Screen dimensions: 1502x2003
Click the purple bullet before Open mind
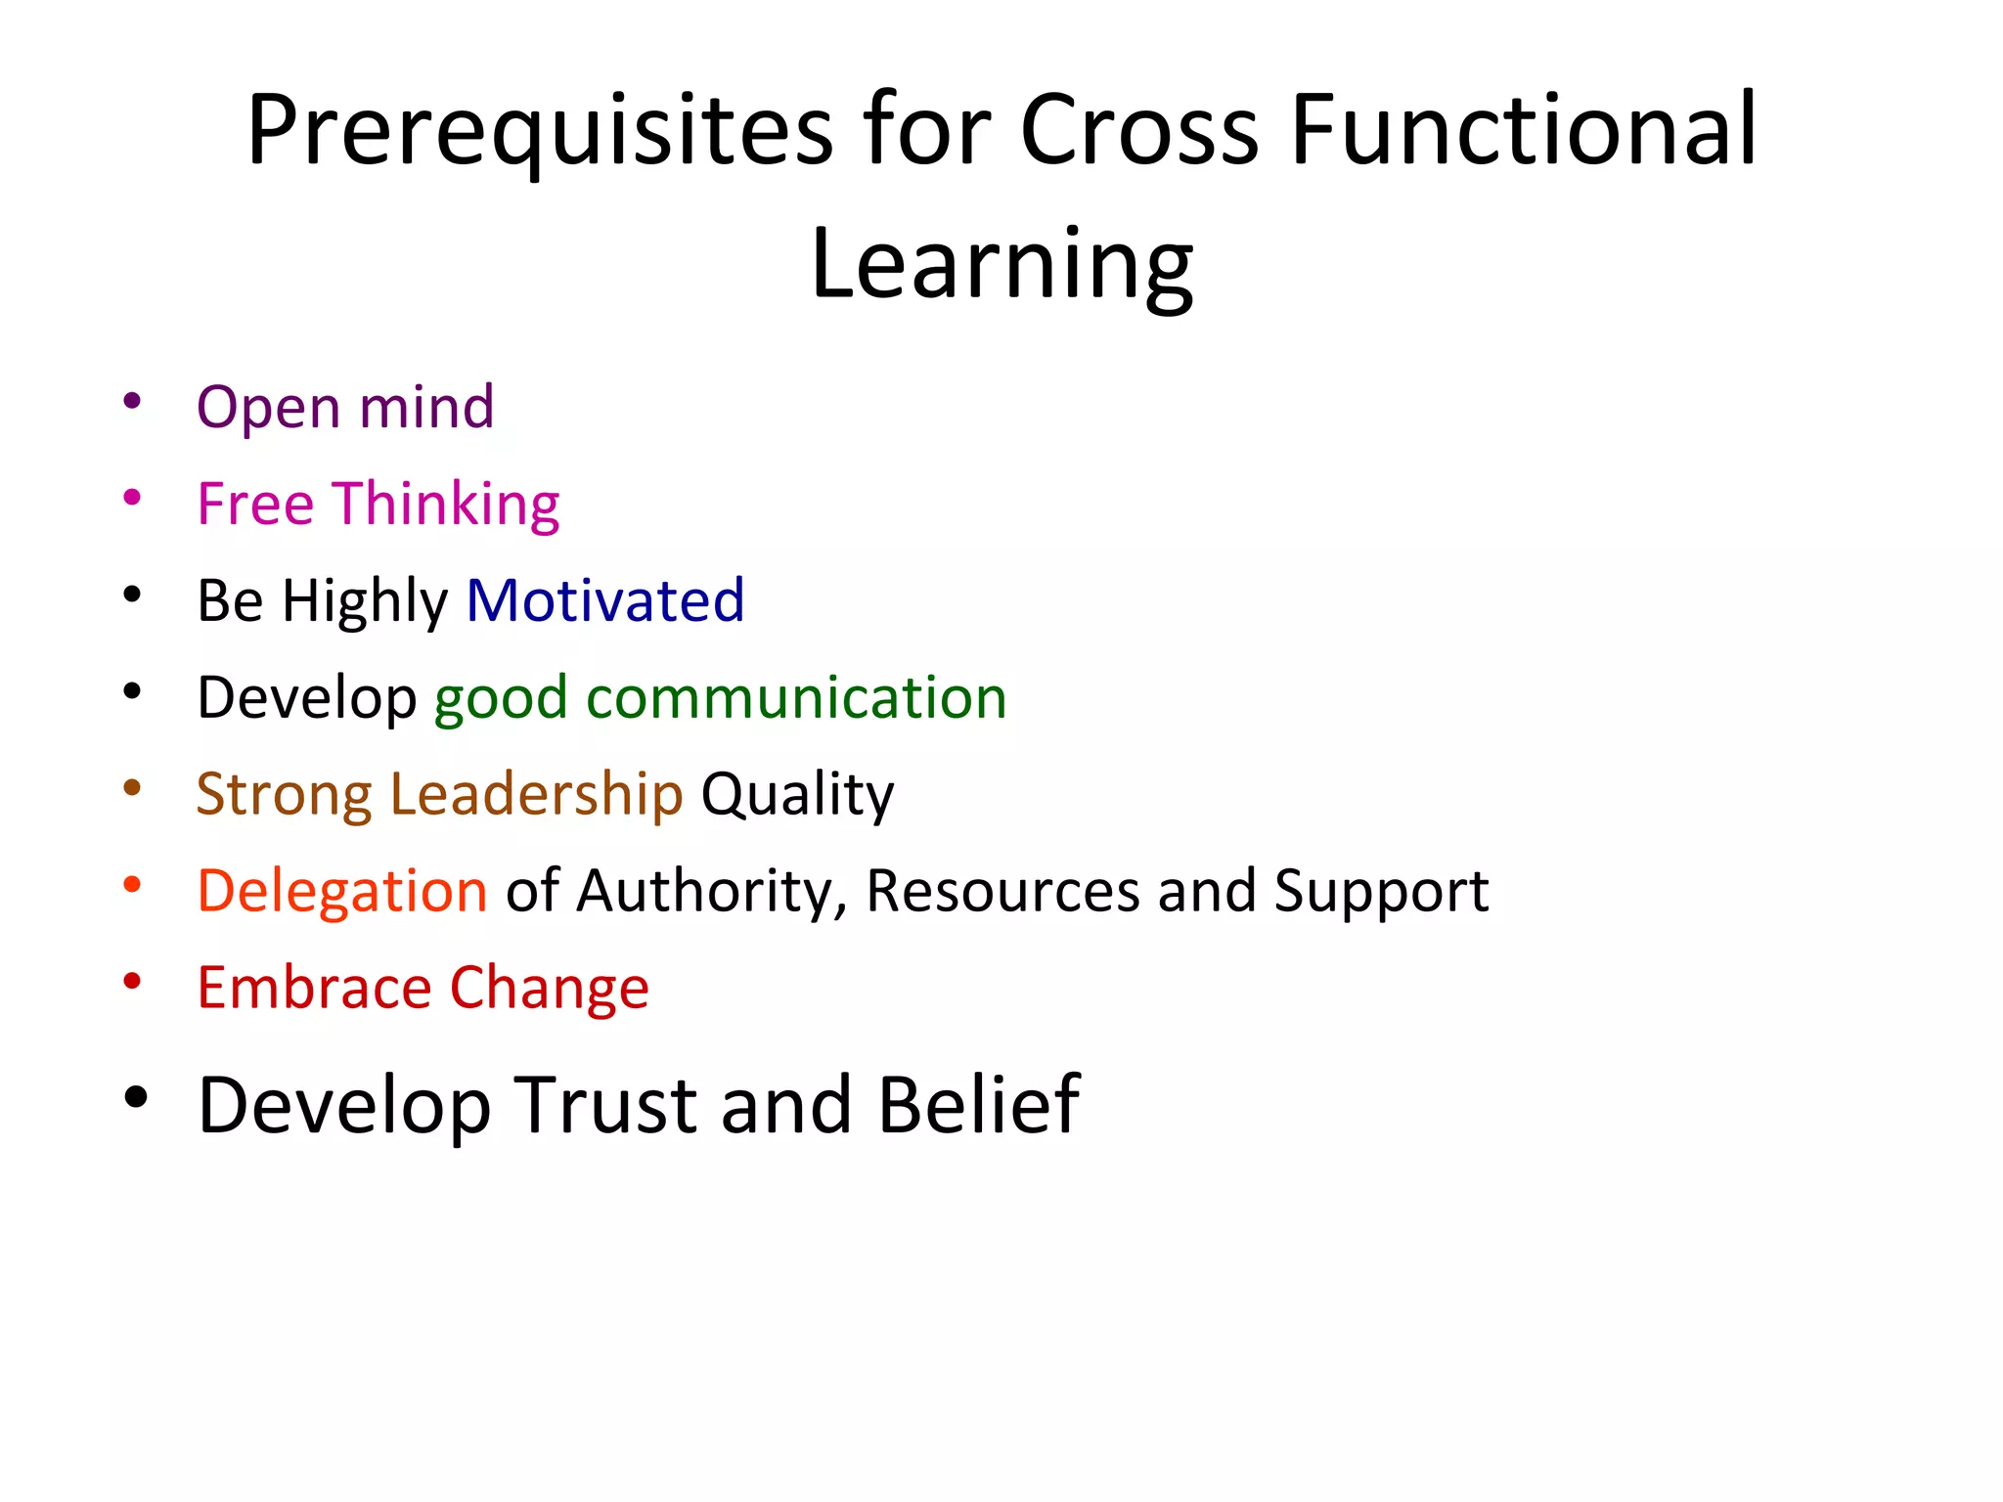132,401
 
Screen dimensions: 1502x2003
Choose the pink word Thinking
447,506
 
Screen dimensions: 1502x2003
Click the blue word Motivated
605,600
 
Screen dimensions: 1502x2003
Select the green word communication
796,698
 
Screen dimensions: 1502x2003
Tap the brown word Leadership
536,794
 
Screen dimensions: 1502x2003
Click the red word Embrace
314,988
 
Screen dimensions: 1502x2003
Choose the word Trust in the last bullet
605,1105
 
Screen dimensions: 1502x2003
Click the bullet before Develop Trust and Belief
136,1097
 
